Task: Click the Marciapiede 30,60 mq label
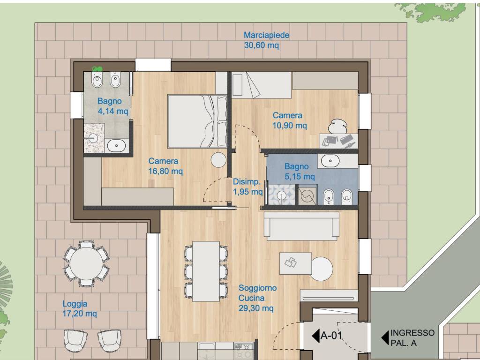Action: [266, 40]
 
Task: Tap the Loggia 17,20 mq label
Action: [80, 308]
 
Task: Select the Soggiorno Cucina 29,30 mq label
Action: [257, 298]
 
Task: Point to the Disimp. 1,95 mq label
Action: [247, 187]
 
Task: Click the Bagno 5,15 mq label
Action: [300, 172]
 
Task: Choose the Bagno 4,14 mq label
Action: [112, 106]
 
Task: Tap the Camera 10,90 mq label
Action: [289, 120]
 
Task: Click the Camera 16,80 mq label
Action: [165, 166]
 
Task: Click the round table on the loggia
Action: [86, 263]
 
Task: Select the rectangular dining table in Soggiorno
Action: [206, 271]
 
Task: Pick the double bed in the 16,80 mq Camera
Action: [197, 121]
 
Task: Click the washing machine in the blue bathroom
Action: [307, 195]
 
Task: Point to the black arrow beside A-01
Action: [315, 336]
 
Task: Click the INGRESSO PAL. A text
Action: [412, 337]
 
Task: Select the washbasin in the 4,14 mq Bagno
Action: [116, 145]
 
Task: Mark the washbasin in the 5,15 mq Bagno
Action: [330, 160]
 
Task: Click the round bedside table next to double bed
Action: [218, 160]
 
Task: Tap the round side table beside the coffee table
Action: [322, 269]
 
